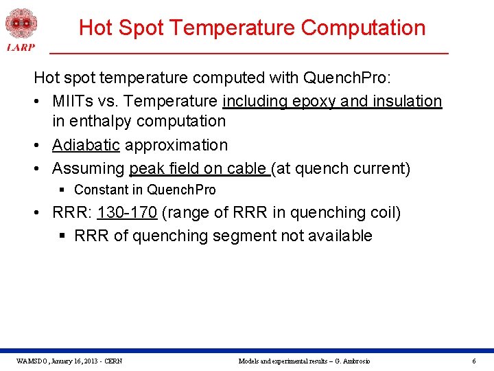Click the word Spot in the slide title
point(141,27)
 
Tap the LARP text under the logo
point(20,47)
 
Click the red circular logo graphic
point(21,23)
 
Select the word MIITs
point(75,102)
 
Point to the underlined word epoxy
point(314,102)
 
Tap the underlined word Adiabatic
point(86,146)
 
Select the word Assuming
point(88,169)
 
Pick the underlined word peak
point(147,169)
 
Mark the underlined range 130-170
point(127,212)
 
